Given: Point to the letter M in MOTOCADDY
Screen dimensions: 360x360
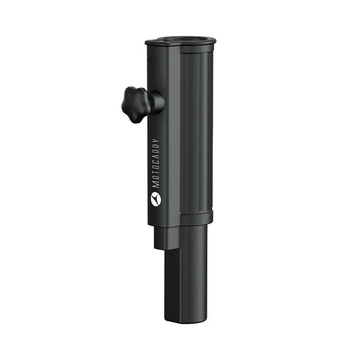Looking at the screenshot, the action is click(x=155, y=184).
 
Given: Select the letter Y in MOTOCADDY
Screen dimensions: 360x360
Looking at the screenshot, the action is click(x=155, y=141).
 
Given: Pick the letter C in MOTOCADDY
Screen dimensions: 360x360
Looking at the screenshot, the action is click(x=155, y=163).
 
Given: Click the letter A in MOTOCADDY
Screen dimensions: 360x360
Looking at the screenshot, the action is click(x=155, y=157).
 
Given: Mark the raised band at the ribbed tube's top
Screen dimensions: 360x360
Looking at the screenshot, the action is click(x=197, y=49).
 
